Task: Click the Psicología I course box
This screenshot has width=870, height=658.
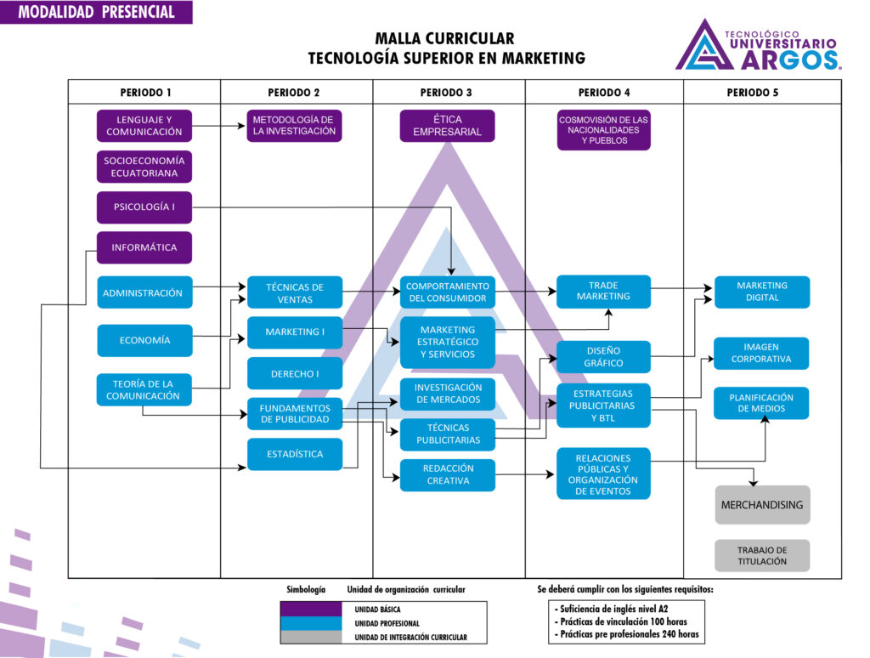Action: pyautogui.click(x=144, y=207)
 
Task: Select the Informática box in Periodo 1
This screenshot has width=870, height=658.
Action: pyautogui.click(x=144, y=247)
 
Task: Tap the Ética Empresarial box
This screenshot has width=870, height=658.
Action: pyautogui.click(x=447, y=125)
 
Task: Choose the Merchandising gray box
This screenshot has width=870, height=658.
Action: pyautogui.click(x=762, y=505)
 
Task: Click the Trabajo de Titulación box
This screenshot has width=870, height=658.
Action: pyautogui.click(x=762, y=555)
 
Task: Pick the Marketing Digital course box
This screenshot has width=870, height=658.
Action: pyautogui.click(x=762, y=292)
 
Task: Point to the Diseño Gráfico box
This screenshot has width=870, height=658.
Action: pyautogui.click(x=603, y=357)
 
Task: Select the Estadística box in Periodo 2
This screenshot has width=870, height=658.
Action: pyautogui.click(x=295, y=454)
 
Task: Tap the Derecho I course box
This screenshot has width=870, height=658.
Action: pyautogui.click(x=295, y=373)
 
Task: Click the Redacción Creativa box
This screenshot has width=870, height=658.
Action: pyautogui.click(x=447, y=474)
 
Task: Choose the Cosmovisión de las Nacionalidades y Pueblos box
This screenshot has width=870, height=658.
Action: pyautogui.click(x=603, y=130)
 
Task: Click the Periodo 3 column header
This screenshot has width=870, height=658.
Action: pyautogui.click(x=447, y=93)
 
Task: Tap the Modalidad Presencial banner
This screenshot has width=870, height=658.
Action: pyautogui.click(x=96, y=12)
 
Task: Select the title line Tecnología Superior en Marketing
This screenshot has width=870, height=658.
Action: pyautogui.click(x=446, y=58)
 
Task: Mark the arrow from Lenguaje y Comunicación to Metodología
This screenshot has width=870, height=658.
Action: pyautogui.click(x=219, y=126)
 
